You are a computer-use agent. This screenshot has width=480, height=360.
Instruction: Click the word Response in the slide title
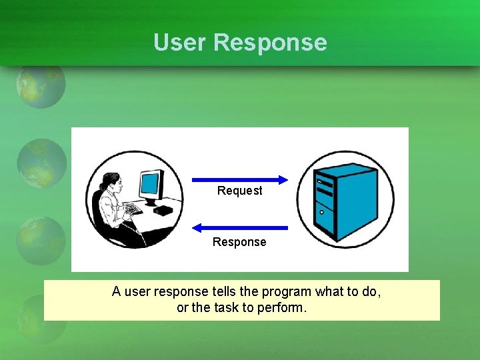pos(270,43)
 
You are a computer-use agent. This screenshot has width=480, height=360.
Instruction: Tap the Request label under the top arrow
pos(239,191)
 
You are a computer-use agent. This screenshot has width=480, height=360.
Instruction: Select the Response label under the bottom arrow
pos(239,242)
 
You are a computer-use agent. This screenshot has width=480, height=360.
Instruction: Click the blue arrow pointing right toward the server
pos(239,179)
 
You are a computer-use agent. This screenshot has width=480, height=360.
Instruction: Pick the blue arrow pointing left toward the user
pos(239,228)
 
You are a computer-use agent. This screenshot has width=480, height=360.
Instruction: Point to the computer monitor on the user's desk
pos(151,185)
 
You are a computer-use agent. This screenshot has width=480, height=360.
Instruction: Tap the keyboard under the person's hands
pos(133,210)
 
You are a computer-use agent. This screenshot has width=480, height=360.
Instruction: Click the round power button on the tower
pos(323,213)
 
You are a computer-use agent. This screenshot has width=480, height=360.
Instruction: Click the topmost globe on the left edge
pos(41,85)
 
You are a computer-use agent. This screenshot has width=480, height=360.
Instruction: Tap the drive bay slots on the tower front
pos(324,187)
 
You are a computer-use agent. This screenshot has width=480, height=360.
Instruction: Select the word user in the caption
pos(137,291)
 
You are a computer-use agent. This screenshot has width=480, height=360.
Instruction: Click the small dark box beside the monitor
pos(163,210)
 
